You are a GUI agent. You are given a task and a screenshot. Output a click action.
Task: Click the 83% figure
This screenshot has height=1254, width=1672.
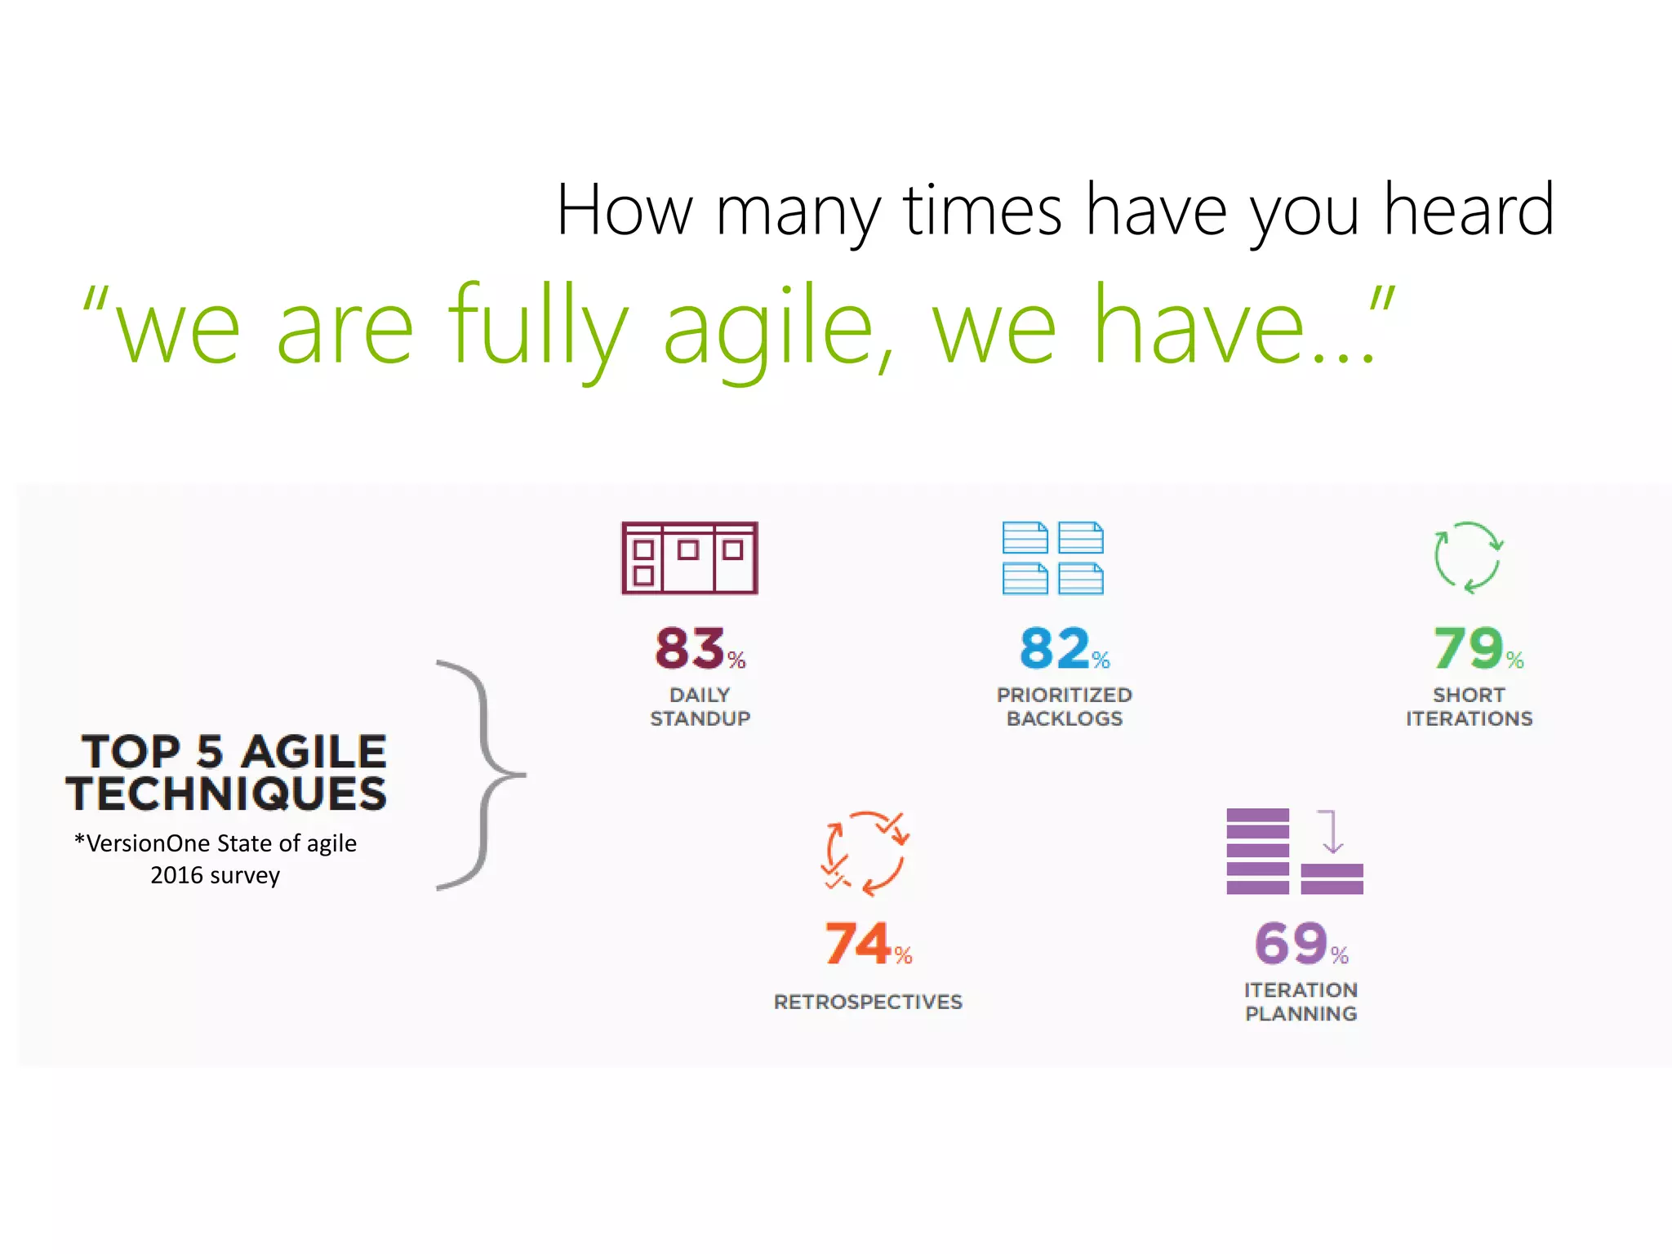pos(699,649)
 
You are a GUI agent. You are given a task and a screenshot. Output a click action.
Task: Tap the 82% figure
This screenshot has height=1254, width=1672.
pos(1064,649)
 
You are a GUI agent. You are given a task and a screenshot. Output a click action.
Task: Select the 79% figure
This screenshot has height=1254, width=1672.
pos(1478,649)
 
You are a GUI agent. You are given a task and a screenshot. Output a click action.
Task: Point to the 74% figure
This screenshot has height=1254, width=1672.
pos(867,945)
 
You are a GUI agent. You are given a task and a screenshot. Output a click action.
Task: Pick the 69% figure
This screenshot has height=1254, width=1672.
pos(1301,945)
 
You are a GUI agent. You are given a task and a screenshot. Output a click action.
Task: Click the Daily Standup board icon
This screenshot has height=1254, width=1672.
pos(690,558)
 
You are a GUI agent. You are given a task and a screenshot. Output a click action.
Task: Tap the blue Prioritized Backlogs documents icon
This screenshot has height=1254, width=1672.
pos(1053,558)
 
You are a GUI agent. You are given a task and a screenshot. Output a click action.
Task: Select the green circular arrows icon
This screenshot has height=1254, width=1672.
pos(1468,558)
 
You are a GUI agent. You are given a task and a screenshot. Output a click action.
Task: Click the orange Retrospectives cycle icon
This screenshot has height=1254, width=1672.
pos(865,853)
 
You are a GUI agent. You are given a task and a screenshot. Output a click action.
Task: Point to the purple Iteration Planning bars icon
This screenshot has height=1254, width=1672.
pos(1294,852)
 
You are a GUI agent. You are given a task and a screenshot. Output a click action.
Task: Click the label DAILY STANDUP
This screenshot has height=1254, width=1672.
pos(700,707)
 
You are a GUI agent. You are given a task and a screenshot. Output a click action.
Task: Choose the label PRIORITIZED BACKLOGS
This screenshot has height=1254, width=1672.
pos(1065,707)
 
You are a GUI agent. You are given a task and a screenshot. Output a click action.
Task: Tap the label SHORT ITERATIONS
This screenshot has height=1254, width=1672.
pos(1469,707)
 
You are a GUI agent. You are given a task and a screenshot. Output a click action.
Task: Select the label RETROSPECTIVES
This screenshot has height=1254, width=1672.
pos(868,1002)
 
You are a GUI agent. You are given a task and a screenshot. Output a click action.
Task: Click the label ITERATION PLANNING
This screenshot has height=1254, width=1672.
pos(1301,1002)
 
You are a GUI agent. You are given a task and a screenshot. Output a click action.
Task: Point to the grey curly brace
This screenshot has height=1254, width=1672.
pos(482,774)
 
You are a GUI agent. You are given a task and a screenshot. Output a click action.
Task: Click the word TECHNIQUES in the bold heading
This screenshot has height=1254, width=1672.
pos(226,794)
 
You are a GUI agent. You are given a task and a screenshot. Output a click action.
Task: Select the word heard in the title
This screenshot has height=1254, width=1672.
pos(1469,211)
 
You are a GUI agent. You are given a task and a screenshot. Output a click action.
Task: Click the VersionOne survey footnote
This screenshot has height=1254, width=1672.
pos(216,859)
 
